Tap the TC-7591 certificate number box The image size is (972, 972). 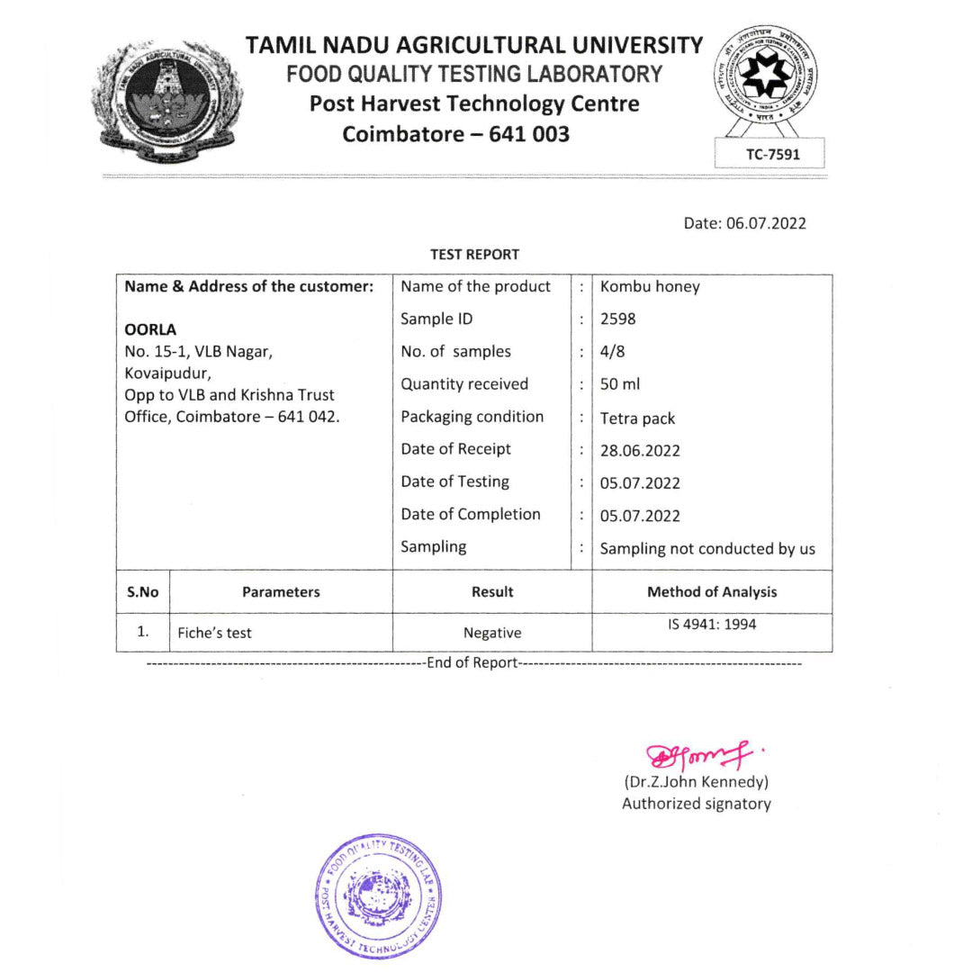(772, 154)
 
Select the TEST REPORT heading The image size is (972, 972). (474, 255)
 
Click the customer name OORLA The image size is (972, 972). (150, 329)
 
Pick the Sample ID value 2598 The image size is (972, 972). (617, 319)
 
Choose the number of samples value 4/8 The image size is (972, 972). (612, 352)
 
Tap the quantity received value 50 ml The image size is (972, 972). (620, 384)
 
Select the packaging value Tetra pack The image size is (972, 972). (637, 418)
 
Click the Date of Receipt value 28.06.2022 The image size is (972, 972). (640, 450)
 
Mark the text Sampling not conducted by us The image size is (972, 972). (707, 548)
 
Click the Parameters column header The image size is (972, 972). (281, 592)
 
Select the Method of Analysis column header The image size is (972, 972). (712, 592)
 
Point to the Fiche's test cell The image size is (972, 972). (214, 633)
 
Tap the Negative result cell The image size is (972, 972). (492, 633)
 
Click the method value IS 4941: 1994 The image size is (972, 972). (712, 625)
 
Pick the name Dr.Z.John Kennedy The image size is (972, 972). (696, 782)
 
